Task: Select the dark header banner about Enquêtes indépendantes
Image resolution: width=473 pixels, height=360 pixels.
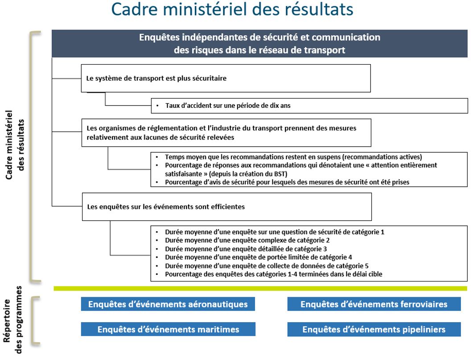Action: tap(259, 43)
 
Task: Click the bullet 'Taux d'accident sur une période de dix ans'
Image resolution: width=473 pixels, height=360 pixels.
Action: tap(228, 106)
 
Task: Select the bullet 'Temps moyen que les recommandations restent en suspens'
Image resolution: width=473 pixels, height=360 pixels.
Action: tap(293, 157)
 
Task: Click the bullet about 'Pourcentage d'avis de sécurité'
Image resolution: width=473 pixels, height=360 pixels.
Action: tap(287, 182)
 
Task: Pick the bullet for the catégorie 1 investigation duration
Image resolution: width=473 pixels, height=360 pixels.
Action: tap(274, 232)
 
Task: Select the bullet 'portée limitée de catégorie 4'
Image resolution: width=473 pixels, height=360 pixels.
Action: tap(258, 258)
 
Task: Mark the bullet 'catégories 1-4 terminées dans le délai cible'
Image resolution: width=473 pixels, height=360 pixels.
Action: tap(273, 274)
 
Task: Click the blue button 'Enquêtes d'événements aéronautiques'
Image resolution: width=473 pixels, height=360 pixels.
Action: tap(168, 304)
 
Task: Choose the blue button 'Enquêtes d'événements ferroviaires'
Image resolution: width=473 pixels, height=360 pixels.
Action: tap(374, 304)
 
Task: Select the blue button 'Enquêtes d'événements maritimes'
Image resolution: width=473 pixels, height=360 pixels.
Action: tap(168, 330)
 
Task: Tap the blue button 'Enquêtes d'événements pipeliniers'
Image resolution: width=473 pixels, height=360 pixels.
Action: tap(374, 330)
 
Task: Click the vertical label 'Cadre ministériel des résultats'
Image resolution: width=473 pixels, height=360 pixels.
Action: tap(14, 145)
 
